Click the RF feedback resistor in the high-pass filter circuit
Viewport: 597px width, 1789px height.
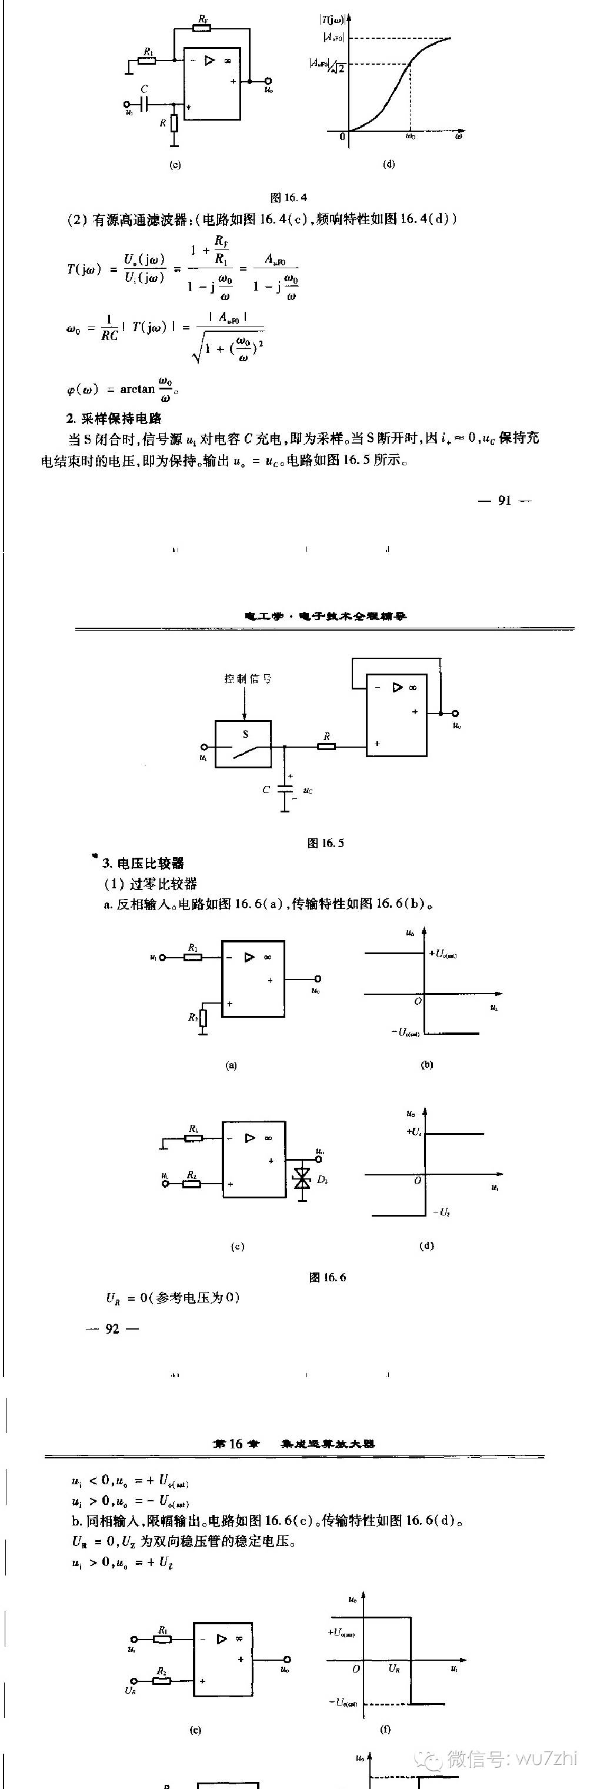click(x=203, y=28)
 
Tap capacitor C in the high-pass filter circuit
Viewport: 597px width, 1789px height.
click(x=144, y=104)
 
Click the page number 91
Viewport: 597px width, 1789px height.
click(x=505, y=500)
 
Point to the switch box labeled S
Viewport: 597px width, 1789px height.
click(x=243, y=744)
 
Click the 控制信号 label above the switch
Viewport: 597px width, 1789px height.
click(x=248, y=678)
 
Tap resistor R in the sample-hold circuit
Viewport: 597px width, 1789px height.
click(x=326, y=747)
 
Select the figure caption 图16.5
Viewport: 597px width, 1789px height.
click(x=326, y=843)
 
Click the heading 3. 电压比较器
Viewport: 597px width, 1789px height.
click(x=143, y=863)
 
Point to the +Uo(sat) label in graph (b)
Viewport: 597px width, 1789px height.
click(x=443, y=954)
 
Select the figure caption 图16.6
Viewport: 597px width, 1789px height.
click(x=327, y=1277)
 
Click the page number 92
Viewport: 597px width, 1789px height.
click(x=112, y=1328)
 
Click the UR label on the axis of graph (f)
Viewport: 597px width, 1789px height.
click(x=393, y=1668)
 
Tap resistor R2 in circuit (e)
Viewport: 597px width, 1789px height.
click(x=162, y=1681)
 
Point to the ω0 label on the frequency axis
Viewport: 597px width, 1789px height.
click(x=411, y=138)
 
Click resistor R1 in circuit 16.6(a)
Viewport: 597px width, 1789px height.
click(x=193, y=957)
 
